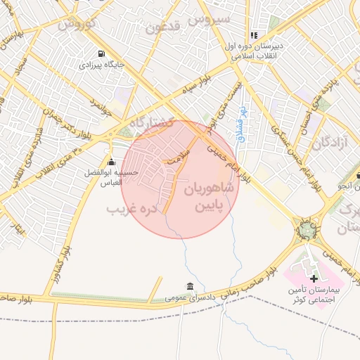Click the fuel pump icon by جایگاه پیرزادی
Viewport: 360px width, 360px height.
[103, 53]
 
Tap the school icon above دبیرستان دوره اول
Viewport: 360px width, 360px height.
[254, 34]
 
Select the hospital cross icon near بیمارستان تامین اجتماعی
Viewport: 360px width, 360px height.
[314, 279]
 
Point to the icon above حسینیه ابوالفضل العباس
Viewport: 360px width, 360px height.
[110, 162]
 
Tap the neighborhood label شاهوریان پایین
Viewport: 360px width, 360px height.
[211, 198]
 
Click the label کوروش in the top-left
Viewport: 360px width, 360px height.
[75, 23]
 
